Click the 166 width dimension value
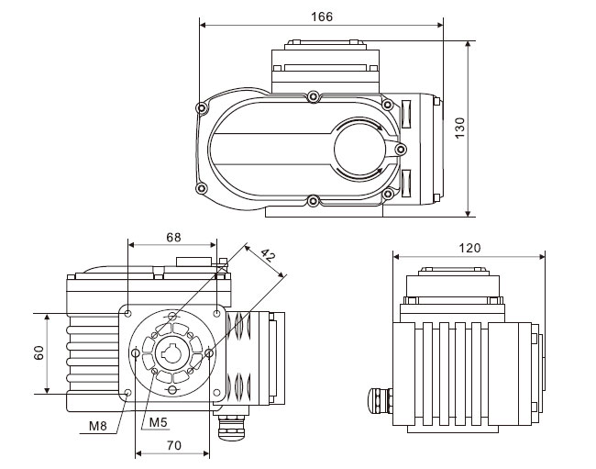click(x=321, y=17)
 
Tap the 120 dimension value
click(x=469, y=248)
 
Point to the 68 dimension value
click(x=173, y=237)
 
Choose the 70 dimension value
click(x=173, y=445)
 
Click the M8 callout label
click(x=99, y=426)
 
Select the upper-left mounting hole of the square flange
click(x=127, y=314)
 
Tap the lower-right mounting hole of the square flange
click(x=215, y=392)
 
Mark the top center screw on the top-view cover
click(x=314, y=95)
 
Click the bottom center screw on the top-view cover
click(x=314, y=199)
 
